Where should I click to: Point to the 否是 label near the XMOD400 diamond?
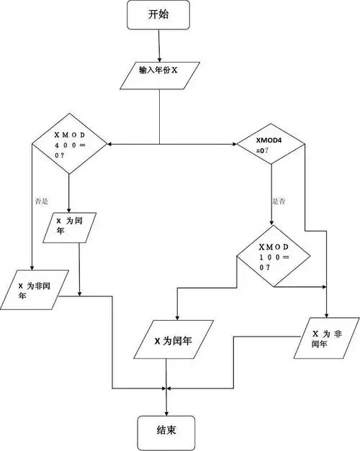(41, 202)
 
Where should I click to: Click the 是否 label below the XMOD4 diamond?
(279, 202)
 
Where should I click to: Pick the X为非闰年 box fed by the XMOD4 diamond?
(326, 338)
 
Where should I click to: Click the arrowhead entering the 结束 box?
(166, 412)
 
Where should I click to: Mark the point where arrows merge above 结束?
(166, 389)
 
